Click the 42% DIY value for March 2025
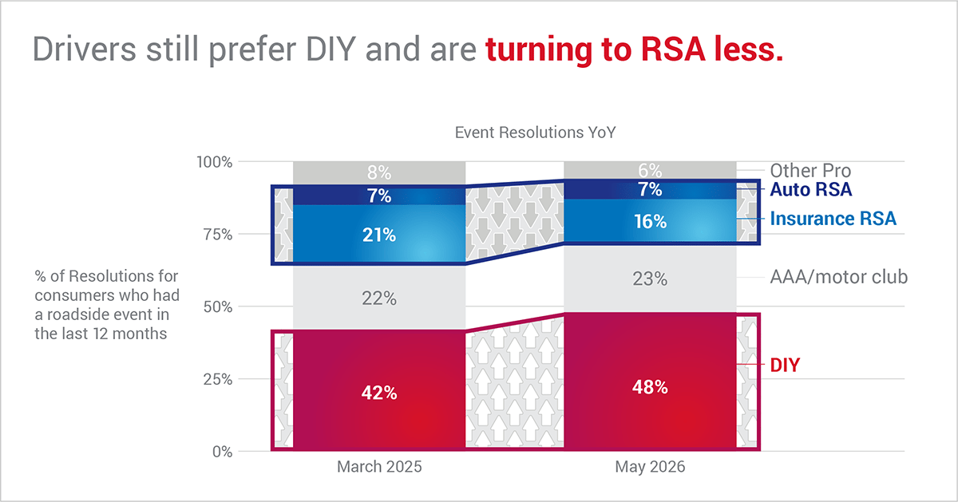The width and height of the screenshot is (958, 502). coord(379,393)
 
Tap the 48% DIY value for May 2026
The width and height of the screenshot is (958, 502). coord(650,387)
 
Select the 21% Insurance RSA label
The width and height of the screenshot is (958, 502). coord(379,235)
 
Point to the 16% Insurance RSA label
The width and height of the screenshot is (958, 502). coord(650,222)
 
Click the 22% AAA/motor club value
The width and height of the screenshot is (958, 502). coord(379,298)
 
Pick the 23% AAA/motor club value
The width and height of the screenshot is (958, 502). coord(650,279)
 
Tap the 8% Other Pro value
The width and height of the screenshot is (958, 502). coord(379,172)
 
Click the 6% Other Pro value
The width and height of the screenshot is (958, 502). coord(650,171)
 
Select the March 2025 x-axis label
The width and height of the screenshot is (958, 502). coord(379,467)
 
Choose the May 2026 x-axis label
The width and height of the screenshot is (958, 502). coord(650,467)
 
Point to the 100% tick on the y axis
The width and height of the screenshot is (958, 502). coord(214,162)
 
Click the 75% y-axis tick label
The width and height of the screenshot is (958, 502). coord(218,235)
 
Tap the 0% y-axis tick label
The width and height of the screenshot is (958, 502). coord(223,452)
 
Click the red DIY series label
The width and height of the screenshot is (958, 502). coord(785,366)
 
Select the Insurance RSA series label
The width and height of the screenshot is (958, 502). coord(833,219)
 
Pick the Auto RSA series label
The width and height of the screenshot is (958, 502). coord(811,189)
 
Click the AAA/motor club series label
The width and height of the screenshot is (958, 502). coord(839,277)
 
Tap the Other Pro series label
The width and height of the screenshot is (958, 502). coord(810,171)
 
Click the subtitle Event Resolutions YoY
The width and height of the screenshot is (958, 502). coord(535,132)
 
